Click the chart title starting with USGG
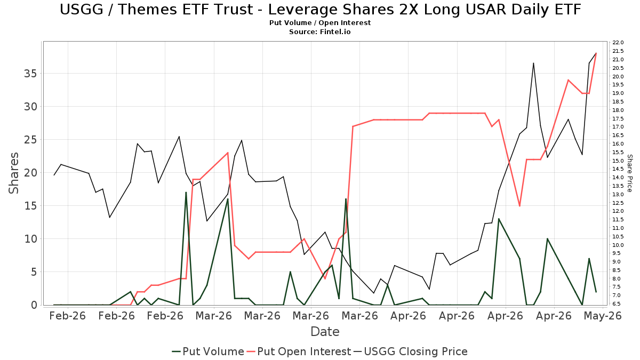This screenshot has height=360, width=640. pyautogui.click(x=320, y=10)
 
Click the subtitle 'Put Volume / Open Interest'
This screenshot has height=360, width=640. pyautogui.click(x=320, y=23)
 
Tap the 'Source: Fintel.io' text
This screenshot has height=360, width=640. pyautogui.click(x=319, y=31)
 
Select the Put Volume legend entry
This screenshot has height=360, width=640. pyautogui.click(x=208, y=351)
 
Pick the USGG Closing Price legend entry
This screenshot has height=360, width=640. pyautogui.click(x=410, y=351)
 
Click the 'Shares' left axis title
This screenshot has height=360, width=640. pyautogui.click(x=13, y=173)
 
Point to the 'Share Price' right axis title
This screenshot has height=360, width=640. pyautogui.click(x=629, y=173)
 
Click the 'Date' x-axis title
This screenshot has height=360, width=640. pyautogui.click(x=325, y=332)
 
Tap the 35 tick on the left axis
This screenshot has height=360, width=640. pyautogui.click(x=30, y=74)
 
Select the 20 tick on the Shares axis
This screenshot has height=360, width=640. pyautogui.click(x=30, y=173)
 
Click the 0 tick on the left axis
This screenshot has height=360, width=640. pyautogui.click(x=34, y=305)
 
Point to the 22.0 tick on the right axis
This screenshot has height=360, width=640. pyautogui.click(x=618, y=43)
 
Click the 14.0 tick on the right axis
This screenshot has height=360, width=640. pyautogui.click(x=618, y=178)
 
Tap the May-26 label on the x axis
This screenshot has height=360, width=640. pyautogui.click(x=603, y=316)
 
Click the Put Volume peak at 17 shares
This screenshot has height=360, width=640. pyautogui.click(x=186, y=193)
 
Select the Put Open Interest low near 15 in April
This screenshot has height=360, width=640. pyautogui.click(x=519, y=206)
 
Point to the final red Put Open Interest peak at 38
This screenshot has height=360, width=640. pyautogui.click(x=596, y=53)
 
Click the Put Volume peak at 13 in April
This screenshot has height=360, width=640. pyautogui.click(x=499, y=219)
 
